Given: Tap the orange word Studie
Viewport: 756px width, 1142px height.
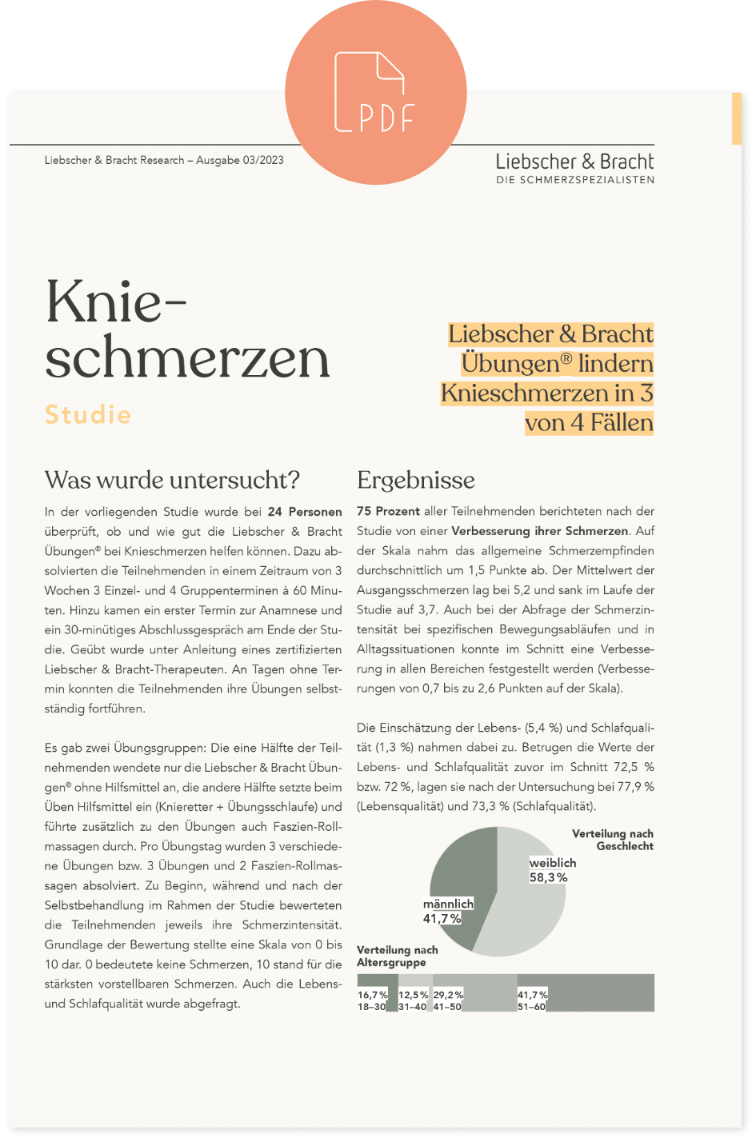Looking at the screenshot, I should point(88,414).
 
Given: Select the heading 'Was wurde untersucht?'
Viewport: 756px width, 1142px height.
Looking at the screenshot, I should point(172,480).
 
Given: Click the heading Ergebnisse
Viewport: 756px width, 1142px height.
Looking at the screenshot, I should point(415,480).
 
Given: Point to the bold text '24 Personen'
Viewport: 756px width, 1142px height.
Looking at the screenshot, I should point(305,512).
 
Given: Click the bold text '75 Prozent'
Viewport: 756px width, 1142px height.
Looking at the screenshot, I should point(388,511).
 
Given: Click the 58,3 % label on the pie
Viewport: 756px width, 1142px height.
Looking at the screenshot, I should point(548,877).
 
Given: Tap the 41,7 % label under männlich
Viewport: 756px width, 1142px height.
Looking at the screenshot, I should point(442,919).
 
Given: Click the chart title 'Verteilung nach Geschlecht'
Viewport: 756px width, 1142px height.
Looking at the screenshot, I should point(613,840).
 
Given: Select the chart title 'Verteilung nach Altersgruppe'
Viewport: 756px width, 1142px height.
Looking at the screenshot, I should point(398,956).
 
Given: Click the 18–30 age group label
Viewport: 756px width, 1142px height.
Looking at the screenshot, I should point(371,1007).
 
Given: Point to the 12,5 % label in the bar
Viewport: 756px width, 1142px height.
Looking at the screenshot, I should point(413,995).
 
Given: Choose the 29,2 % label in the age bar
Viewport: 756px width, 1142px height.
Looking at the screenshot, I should point(448,995).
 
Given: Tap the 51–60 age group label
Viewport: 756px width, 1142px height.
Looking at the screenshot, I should point(531,1007).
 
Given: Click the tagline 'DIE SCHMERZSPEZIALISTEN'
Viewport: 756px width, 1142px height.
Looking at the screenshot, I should point(574,180).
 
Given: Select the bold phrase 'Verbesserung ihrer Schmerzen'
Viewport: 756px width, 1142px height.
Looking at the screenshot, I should point(540,531).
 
